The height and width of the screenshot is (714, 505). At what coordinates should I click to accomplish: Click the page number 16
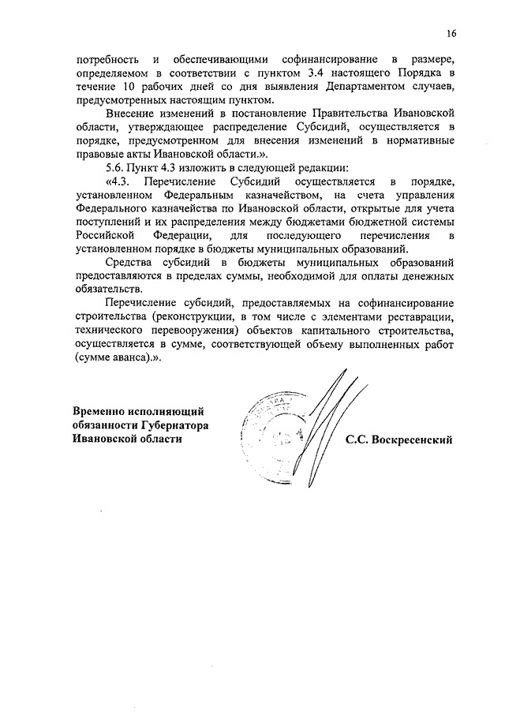coord(451,34)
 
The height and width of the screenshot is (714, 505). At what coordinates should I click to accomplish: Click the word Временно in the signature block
coord(105,411)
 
